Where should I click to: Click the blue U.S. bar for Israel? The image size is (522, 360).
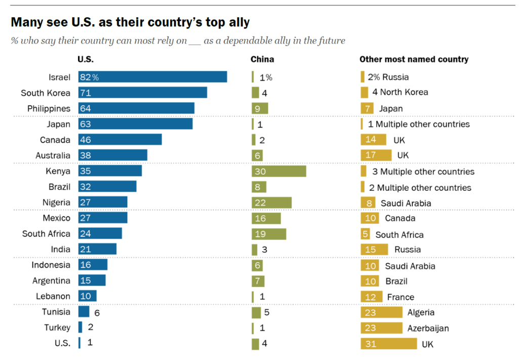point(152,76)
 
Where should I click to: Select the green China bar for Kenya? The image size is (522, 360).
point(278,171)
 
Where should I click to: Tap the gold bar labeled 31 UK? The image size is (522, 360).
point(388,344)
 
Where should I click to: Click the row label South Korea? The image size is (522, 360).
point(46,93)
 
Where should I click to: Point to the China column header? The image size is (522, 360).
point(262,59)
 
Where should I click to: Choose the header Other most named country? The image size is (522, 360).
point(414,59)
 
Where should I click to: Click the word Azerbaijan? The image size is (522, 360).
point(428,328)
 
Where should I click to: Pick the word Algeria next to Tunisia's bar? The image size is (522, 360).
point(421,312)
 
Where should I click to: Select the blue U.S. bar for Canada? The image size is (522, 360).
point(120,140)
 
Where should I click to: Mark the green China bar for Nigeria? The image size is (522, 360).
point(271,203)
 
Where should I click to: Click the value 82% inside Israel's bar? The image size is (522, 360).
point(89,77)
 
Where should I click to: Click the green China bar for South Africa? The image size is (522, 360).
point(269,234)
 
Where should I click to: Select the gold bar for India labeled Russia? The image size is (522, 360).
point(374,250)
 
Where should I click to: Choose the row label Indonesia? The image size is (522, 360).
point(51,265)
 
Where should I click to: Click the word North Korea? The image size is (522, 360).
point(404,92)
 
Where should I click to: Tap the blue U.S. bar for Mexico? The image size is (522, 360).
point(103,218)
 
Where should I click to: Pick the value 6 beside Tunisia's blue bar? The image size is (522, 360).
point(97,313)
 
